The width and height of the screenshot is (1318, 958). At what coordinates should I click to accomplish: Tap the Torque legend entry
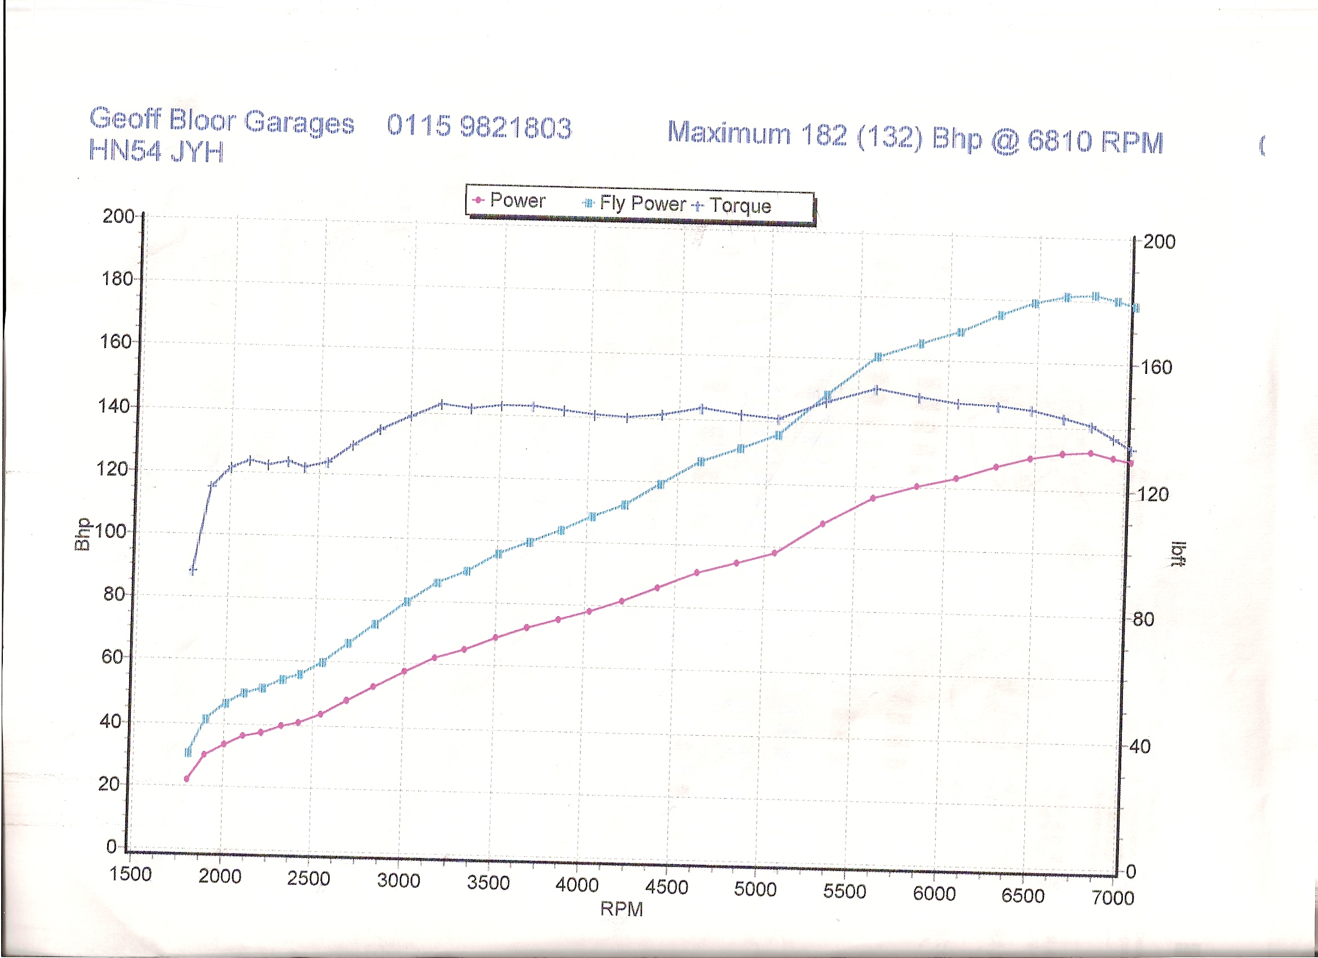(733, 206)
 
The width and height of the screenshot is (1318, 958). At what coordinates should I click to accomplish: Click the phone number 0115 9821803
(479, 126)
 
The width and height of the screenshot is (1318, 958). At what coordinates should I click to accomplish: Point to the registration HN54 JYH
(156, 151)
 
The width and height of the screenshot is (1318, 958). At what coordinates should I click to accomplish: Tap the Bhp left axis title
(82, 533)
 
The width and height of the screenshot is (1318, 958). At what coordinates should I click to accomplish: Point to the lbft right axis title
(1178, 553)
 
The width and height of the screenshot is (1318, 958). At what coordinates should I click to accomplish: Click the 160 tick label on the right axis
(1156, 367)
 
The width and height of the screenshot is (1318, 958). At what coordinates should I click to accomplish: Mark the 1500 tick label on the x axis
(131, 874)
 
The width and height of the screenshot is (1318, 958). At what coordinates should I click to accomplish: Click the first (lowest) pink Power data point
(187, 779)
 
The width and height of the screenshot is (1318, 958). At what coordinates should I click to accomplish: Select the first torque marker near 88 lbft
(193, 571)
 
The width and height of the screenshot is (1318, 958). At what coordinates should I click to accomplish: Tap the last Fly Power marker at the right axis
(1135, 308)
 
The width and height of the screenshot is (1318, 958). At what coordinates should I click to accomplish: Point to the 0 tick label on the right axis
(1131, 871)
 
